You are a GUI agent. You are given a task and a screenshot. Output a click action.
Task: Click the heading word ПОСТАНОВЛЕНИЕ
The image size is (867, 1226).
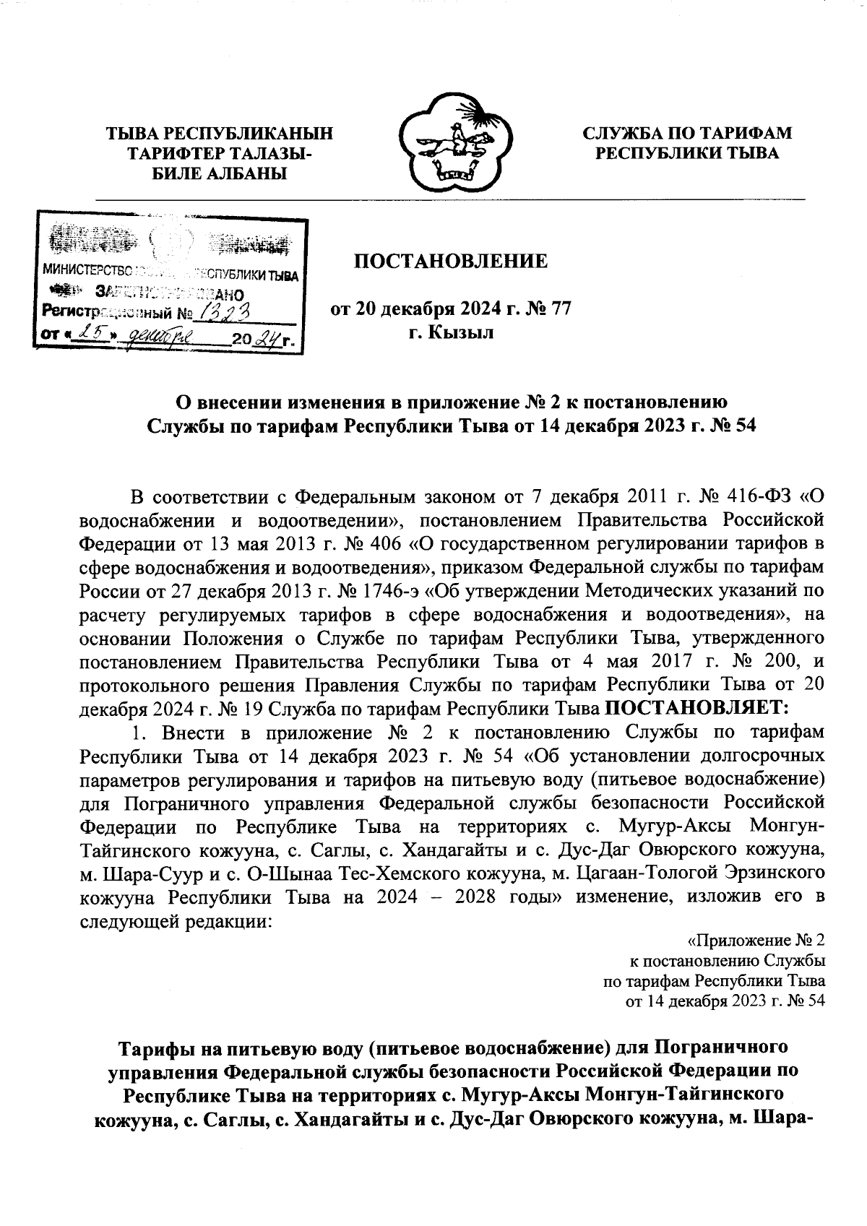pos(449,262)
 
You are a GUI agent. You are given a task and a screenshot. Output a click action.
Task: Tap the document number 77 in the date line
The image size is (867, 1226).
pos(561,309)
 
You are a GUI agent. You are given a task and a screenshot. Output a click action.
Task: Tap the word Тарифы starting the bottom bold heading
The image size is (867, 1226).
pos(154,1047)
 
